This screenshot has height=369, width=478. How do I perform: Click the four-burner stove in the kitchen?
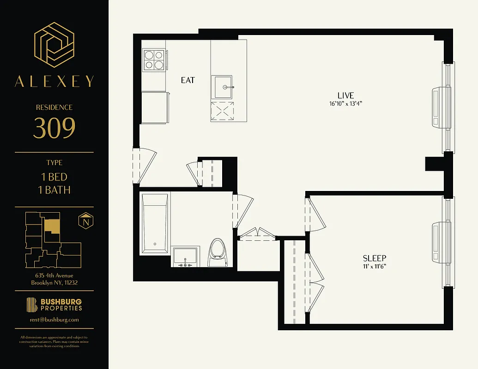coord(154,60)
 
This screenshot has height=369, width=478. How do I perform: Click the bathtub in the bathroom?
coord(155,224)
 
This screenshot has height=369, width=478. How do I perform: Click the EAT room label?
coord(188,80)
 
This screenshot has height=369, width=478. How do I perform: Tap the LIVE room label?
coord(345,95)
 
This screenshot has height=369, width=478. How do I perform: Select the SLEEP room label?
coord(374,258)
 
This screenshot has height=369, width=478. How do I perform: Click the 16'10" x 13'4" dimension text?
coord(345,104)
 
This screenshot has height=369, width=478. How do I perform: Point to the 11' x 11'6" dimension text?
coord(374,267)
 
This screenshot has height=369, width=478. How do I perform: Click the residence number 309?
coord(54,129)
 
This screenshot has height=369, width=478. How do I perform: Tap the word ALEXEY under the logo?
coord(54,82)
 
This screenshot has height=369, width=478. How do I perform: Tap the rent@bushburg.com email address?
coord(54,319)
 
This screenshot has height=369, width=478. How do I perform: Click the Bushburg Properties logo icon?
coord(32,305)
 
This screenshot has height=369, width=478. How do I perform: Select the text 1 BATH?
coord(54,190)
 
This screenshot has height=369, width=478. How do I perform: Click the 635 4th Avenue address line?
coord(54,276)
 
